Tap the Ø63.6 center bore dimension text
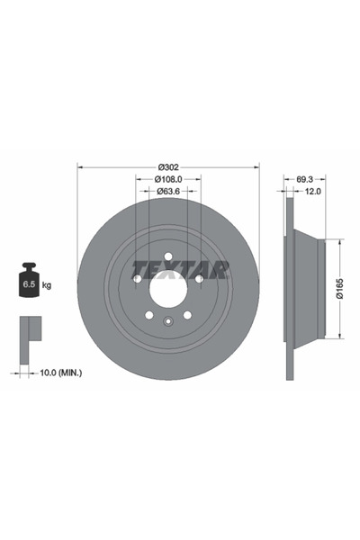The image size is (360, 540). [167, 191]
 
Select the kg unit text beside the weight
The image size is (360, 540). [47, 285]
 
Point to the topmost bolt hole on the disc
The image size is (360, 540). [167, 257]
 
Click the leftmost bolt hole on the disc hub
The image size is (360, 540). [138, 279]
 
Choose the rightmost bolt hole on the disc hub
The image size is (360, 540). [198, 279]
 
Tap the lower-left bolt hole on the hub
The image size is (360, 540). [148, 314]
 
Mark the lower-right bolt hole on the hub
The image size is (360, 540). [186, 314]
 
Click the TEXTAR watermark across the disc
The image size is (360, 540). [180, 269]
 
